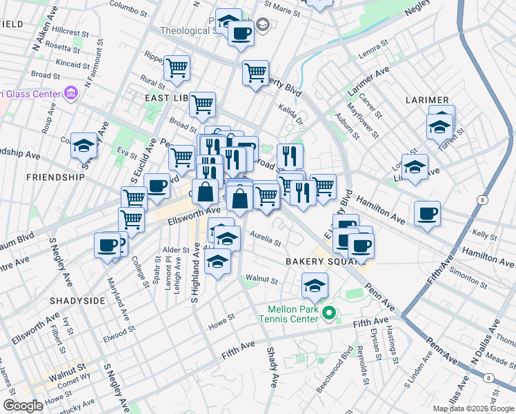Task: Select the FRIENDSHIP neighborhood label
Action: [x=54, y=177]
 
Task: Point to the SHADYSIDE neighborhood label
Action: [x=77, y=301]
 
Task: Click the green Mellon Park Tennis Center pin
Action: [x=329, y=314]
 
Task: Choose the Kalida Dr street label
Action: [x=290, y=114]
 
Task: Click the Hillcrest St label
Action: [x=70, y=32]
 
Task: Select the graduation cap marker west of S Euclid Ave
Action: [x=83, y=145]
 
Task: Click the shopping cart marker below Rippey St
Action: [x=177, y=68]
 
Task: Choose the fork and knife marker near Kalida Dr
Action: [x=290, y=155]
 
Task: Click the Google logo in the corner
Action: [x=22, y=406]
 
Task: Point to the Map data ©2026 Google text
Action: [x=473, y=408]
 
